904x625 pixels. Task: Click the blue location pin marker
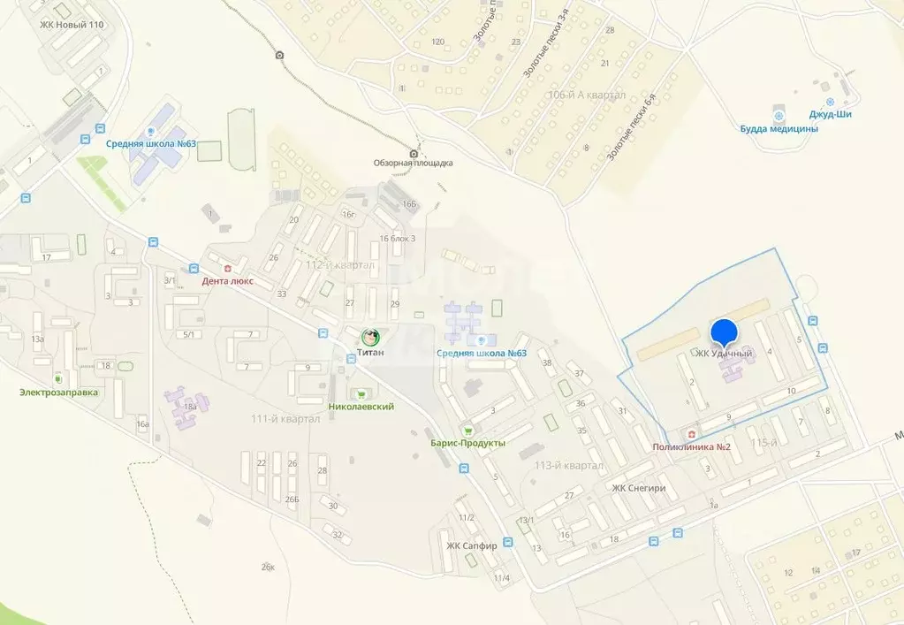click(x=725, y=332)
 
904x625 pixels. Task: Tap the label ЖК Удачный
click(x=724, y=354)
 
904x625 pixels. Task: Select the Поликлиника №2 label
click(x=691, y=446)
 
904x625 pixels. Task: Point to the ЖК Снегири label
click(x=639, y=489)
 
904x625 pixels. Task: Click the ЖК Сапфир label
click(x=471, y=545)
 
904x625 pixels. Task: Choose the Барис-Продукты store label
click(x=467, y=443)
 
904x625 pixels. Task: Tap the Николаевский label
click(x=361, y=407)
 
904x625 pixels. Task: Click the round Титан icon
click(x=371, y=337)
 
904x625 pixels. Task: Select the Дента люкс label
click(x=228, y=281)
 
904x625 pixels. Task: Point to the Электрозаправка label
click(x=60, y=392)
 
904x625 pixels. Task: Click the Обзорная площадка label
click(x=413, y=163)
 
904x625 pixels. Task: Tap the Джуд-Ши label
click(x=830, y=114)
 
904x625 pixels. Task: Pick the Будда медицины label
click(x=779, y=129)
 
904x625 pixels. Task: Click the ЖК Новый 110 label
click(x=72, y=25)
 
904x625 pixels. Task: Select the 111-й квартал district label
click(x=285, y=419)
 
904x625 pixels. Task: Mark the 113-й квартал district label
click(x=569, y=466)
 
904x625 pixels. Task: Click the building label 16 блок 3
click(x=397, y=239)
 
